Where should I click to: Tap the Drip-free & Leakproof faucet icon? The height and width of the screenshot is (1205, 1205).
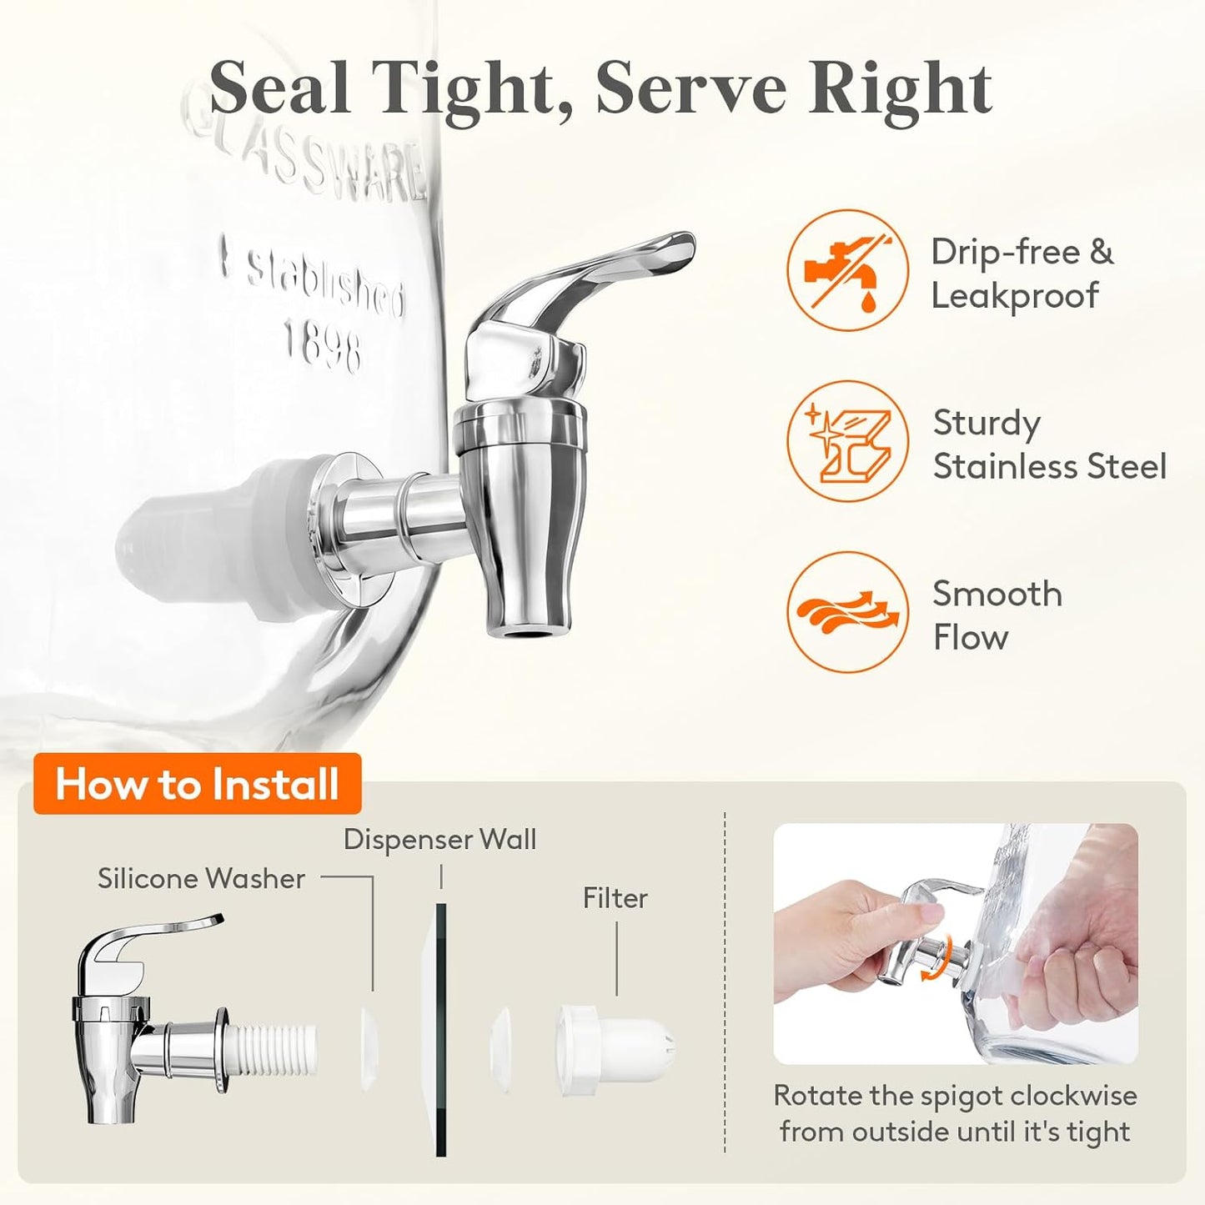click(847, 270)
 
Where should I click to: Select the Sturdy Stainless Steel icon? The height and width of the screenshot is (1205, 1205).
click(847, 441)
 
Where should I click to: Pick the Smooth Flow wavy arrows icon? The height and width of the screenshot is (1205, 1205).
click(847, 612)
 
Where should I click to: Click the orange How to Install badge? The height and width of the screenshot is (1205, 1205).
click(198, 784)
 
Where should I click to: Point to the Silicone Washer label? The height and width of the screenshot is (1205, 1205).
click(201, 879)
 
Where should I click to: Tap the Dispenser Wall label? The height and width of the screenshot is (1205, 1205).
click(439, 840)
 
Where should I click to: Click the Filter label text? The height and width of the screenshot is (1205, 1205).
click(615, 898)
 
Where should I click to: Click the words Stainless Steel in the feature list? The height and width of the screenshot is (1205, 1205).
click(1050, 466)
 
